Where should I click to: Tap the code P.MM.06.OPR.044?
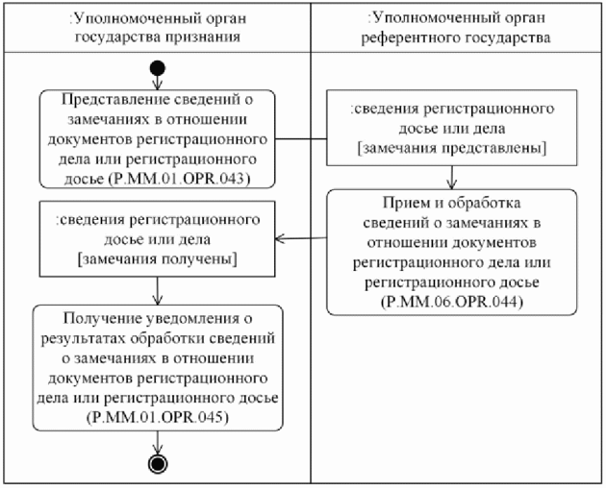(451, 301)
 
